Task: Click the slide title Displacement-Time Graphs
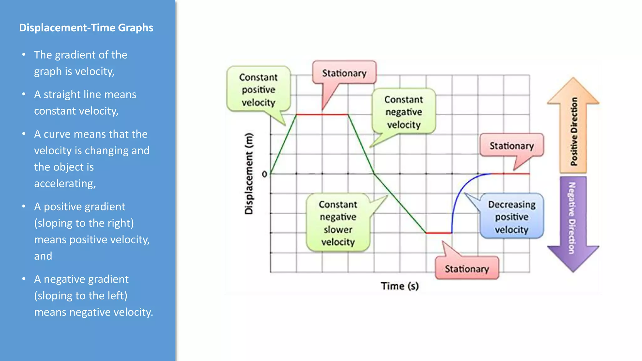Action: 86,28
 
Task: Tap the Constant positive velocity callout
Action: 258,90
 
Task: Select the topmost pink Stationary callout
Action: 344,73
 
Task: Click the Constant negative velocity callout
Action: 404,112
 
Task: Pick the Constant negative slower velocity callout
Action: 338,223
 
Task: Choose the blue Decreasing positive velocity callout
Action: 512,217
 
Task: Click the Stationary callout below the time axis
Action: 467,269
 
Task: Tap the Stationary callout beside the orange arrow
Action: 512,146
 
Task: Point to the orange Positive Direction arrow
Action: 573,132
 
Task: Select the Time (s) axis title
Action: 400,286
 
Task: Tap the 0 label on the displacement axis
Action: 265,174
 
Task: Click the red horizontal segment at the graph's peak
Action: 322,115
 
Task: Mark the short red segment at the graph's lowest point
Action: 439,233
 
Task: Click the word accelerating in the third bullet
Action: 65,183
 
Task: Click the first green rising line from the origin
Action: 283,144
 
